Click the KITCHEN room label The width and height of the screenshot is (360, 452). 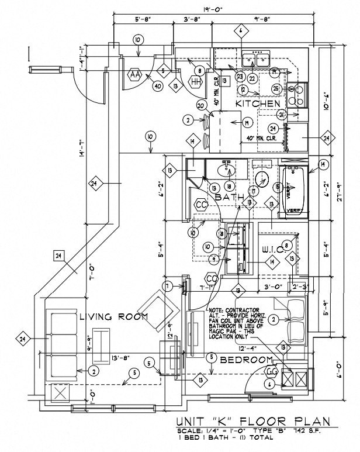(x=258, y=103)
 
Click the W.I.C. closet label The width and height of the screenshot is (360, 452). (x=272, y=250)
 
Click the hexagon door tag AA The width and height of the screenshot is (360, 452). (x=136, y=75)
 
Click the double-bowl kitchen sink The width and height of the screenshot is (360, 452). (x=257, y=59)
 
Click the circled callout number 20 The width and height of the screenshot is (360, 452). (x=200, y=106)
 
